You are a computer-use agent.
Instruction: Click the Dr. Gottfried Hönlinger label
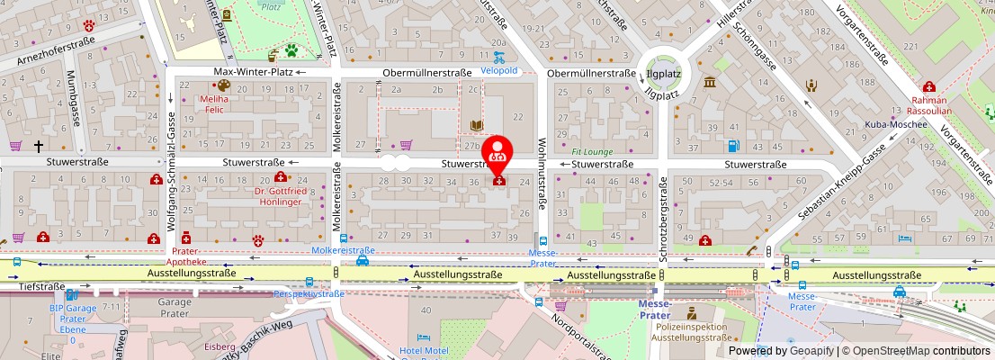coord(282,197)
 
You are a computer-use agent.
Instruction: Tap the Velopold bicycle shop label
coord(499,71)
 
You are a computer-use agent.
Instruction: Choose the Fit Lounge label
coord(592,152)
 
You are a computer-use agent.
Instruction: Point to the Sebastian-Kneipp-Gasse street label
coord(840,184)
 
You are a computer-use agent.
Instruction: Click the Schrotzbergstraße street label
coord(663,213)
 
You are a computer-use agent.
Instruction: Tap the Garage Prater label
coord(175,308)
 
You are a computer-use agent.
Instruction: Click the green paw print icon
coord(291,50)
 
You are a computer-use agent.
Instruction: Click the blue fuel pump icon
coord(733,146)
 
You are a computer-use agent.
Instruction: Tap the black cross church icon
coord(39,146)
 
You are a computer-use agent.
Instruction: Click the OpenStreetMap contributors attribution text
coord(917,351)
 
